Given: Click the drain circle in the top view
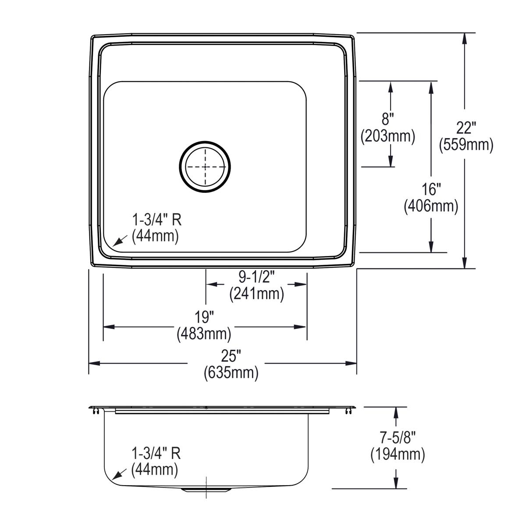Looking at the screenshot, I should [205, 167].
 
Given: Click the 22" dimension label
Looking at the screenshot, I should [466, 128].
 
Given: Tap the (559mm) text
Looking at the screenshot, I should [466, 144].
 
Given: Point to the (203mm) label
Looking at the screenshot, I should [387, 136].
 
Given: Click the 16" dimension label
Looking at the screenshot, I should [431, 189].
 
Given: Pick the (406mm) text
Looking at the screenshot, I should [431, 206].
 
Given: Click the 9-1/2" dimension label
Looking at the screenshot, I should [256, 277].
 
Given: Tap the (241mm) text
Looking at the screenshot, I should [256, 293].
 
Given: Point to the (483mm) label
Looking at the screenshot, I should [204, 334].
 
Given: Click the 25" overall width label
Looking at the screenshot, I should [231, 356].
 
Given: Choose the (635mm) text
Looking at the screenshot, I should [231, 373].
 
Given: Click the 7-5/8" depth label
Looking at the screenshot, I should [398, 437].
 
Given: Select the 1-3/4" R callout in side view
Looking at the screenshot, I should [156, 453].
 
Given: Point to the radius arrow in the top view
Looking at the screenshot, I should [118, 241].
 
